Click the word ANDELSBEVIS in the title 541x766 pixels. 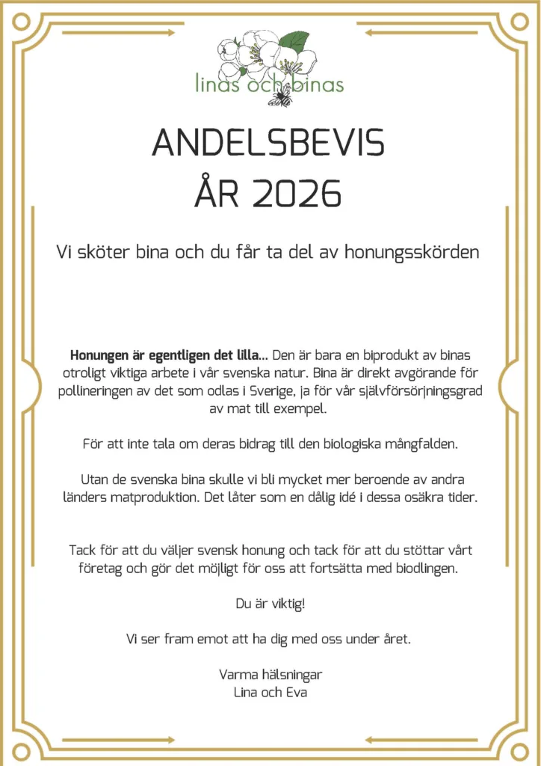269,142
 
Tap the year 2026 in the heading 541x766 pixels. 297,194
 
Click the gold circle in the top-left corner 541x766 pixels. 21,22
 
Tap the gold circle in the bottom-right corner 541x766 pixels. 519,750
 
